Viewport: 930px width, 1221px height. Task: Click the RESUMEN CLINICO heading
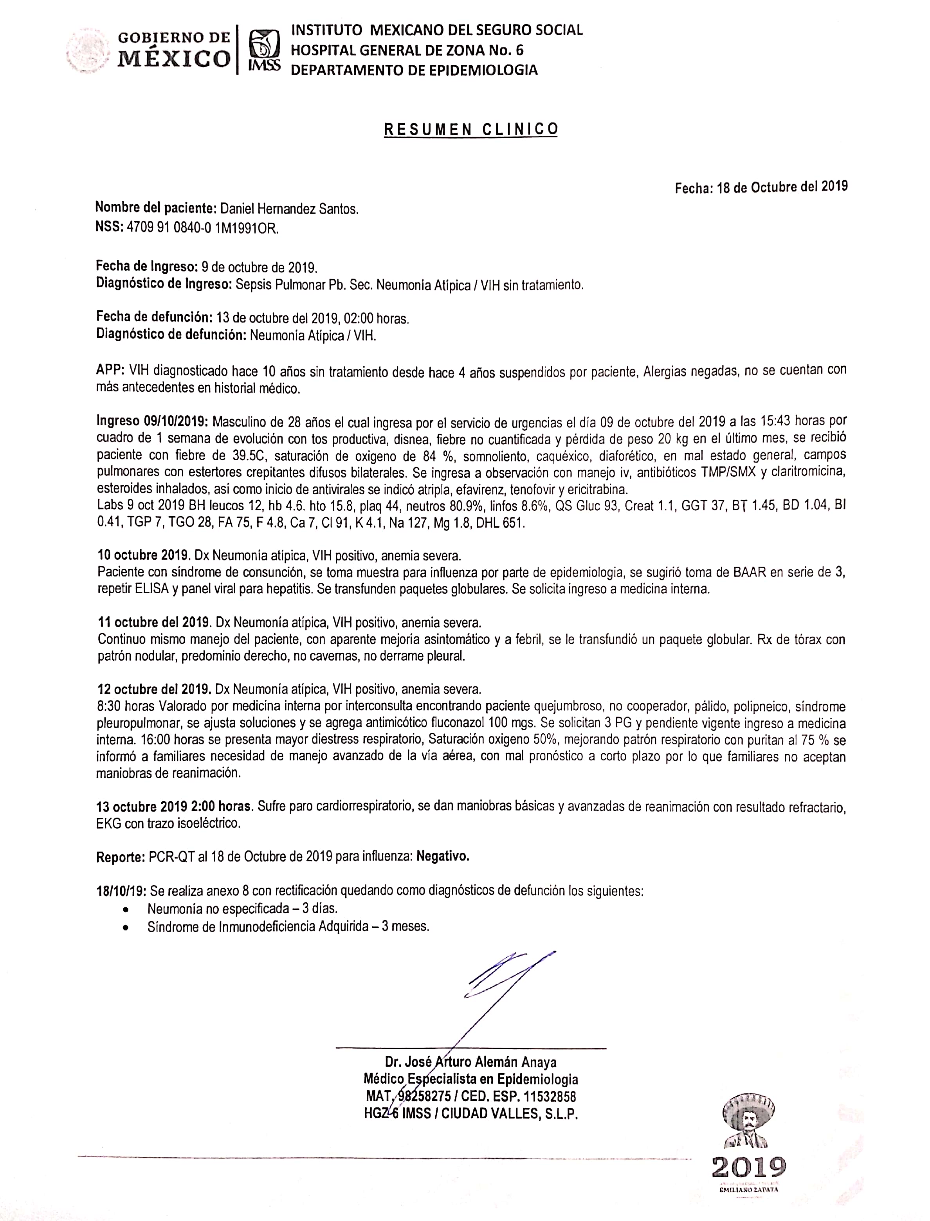click(471, 129)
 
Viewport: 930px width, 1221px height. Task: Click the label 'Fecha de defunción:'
click(154, 317)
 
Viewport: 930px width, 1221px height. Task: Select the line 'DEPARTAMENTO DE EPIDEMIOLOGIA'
click(414, 71)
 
